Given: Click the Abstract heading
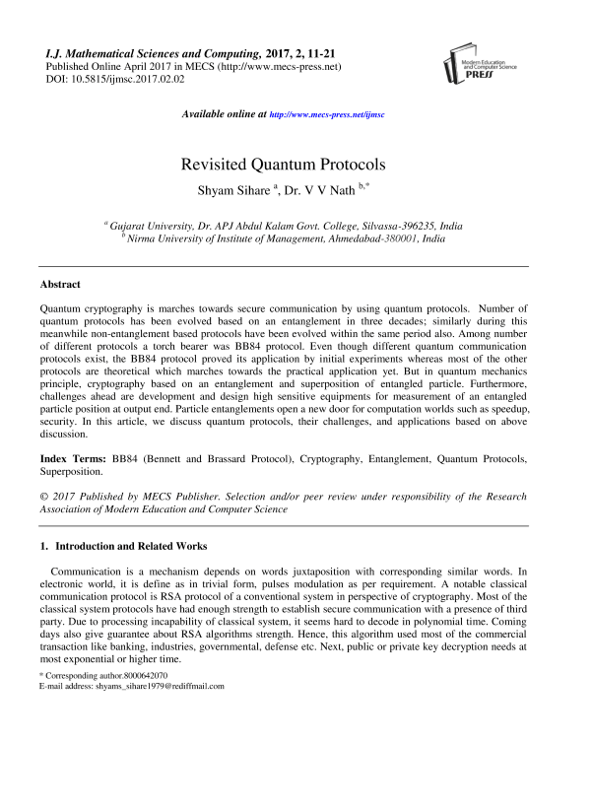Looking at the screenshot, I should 59,284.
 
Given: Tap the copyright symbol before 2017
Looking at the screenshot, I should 42,499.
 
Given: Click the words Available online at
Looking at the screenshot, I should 226,115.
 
